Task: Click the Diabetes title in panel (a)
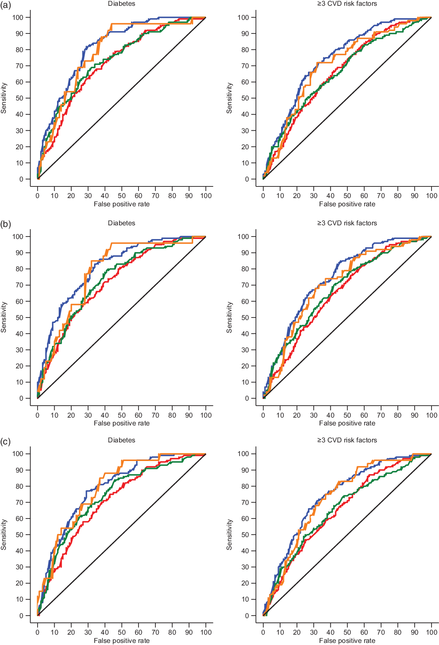[x=122, y=4]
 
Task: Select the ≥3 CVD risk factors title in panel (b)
[x=347, y=223]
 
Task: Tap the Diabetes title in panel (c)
[x=122, y=440]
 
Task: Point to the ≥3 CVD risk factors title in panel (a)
[x=347, y=4]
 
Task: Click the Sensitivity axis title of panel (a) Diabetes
[x=4, y=98]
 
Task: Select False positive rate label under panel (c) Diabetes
[x=122, y=641]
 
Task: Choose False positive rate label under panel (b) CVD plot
[x=347, y=423]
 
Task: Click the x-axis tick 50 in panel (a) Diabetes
[x=122, y=196]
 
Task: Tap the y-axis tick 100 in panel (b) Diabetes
[x=18, y=236]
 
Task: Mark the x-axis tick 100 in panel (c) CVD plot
[x=432, y=633]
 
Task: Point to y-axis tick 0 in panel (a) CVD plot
[x=247, y=179]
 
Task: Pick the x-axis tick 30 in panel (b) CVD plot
[x=314, y=416]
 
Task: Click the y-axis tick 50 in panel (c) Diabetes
[x=20, y=535]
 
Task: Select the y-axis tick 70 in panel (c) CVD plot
[x=246, y=502]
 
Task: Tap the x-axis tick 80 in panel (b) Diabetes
[x=172, y=416]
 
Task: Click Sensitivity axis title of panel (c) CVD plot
[x=229, y=535]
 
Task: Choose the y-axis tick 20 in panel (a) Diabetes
[x=20, y=147]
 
